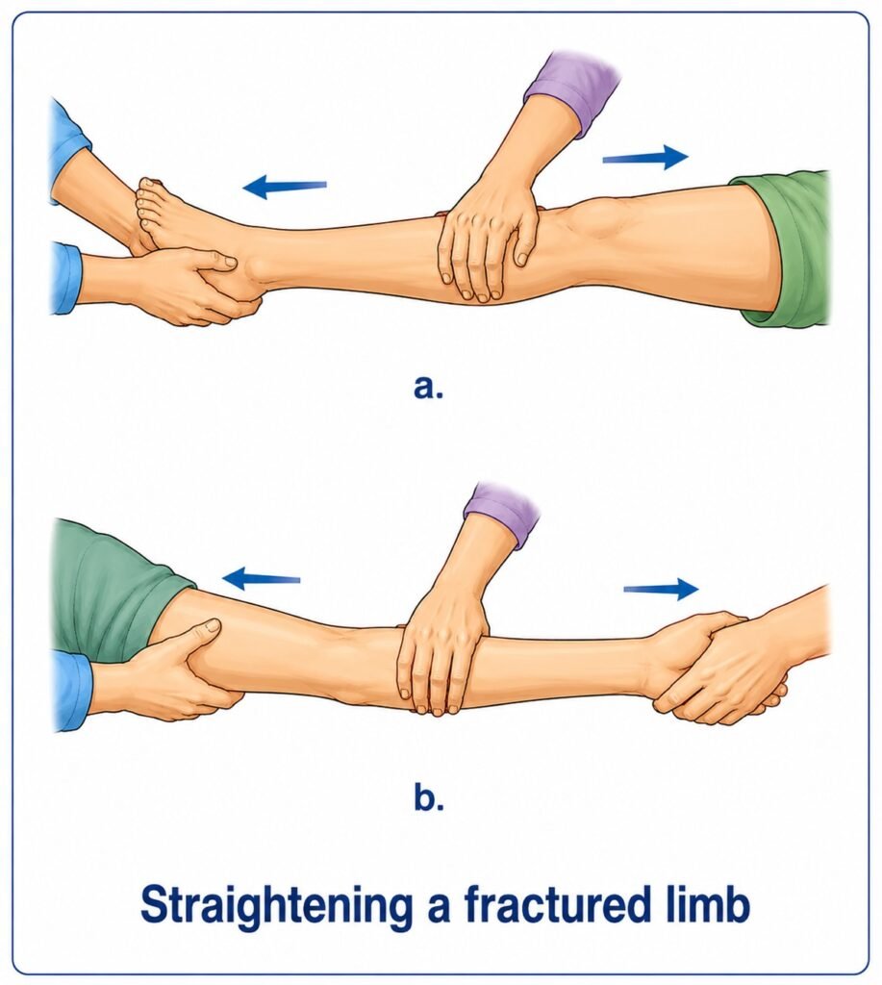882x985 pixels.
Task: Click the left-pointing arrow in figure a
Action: pos(285,186)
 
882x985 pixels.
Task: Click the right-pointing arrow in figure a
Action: pos(645,157)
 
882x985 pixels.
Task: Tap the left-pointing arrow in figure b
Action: pos(262,578)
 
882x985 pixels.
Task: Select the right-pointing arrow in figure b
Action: pos(661,589)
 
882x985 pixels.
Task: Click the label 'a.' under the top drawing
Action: pos(428,387)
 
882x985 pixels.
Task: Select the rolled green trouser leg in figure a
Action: pos(789,247)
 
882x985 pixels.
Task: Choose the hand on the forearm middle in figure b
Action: pos(441,653)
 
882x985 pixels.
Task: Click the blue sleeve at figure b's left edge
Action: pos(72,690)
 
